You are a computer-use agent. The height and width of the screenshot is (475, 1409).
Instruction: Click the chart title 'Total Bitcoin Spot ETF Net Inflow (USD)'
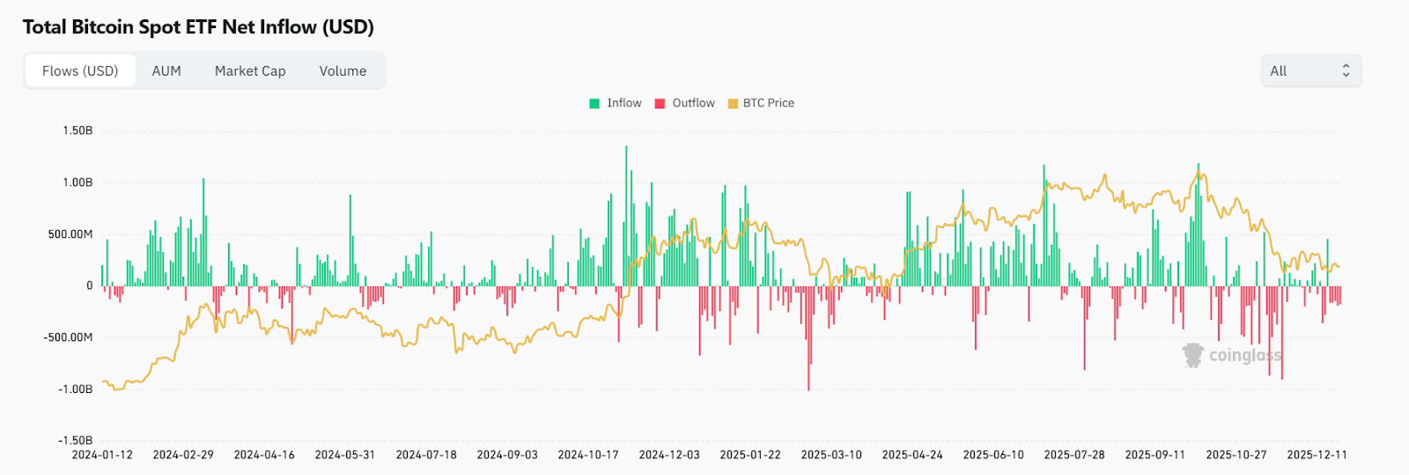198,27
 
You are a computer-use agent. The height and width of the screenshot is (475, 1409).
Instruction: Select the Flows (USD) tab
80,71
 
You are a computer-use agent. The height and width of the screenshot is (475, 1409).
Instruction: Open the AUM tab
166,71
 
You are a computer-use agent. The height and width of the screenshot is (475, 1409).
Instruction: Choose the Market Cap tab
250,71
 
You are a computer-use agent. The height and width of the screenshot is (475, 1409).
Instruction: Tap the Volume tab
343,71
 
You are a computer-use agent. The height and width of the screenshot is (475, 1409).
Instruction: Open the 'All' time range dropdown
1310,71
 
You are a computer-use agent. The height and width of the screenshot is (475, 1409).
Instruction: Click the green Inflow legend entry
616,103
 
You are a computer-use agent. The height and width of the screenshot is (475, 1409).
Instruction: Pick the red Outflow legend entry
685,103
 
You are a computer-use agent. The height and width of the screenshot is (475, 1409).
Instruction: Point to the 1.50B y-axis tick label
77,130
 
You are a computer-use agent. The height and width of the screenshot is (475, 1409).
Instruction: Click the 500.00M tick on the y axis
70,234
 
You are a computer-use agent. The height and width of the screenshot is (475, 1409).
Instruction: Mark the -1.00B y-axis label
76,390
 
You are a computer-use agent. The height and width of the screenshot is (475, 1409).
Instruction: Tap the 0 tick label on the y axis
89,286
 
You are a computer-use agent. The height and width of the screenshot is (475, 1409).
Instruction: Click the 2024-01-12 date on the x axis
102,455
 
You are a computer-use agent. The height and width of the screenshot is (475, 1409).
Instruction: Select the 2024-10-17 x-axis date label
588,455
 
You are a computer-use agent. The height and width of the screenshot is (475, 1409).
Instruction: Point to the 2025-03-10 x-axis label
831,455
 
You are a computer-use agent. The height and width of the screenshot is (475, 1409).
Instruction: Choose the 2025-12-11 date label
1317,455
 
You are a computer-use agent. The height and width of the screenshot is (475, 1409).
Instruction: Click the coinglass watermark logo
1232,355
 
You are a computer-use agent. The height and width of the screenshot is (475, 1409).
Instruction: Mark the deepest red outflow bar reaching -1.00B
808,339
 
